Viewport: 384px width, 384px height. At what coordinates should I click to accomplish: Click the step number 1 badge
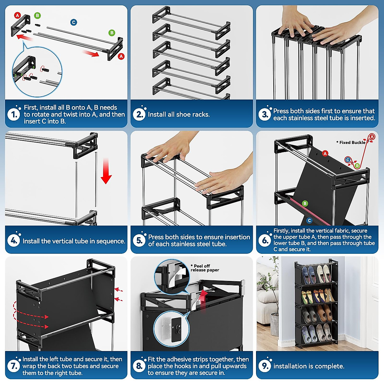pyautogui.click(x=14, y=114)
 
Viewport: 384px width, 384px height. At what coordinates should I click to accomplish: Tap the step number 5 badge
pyautogui.click(x=140, y=240)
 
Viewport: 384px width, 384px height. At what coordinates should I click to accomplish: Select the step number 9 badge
pyautogui.click(x=265, y=366)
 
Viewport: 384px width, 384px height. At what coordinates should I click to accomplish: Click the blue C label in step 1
pyautogui.click(x=74, y=22)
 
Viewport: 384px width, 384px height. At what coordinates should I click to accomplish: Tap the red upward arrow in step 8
pyautogui.click(x=202, y=299)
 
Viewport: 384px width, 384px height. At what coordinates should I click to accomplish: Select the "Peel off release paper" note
pyautogui.click(x=204, y=268)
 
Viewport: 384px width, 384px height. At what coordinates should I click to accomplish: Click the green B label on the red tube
pyautogui.click(x=305, y=204)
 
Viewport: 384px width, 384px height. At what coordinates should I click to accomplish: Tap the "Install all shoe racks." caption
pyautogui.click(x=179, y=114)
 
